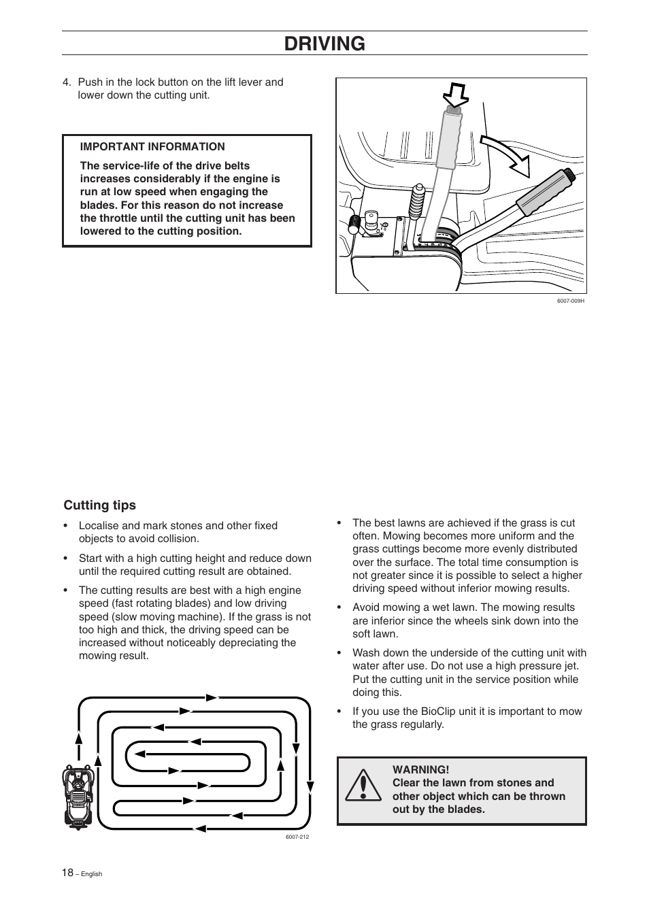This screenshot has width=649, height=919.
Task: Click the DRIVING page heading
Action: point(324,44)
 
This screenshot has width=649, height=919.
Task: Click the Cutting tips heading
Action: point(100,505)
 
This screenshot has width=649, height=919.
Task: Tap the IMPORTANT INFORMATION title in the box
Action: point(152,146)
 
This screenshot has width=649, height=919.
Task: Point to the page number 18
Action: point(67,873)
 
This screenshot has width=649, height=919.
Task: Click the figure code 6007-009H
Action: point(570,301)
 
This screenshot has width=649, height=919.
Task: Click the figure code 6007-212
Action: point(297,837)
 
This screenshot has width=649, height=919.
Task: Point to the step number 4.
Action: point(67,82)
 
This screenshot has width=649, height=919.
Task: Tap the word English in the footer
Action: point(91,874)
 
